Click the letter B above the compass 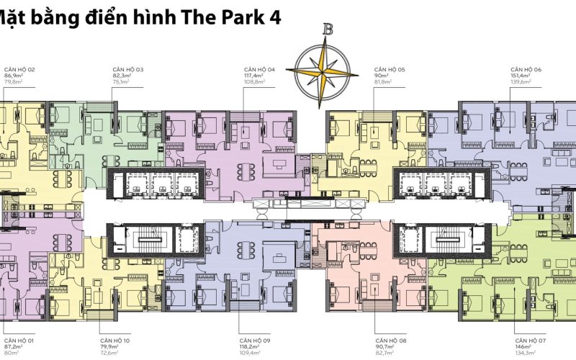tap(328, 30)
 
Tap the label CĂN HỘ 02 tap(20, 69)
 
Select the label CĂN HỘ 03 tap(127, 69)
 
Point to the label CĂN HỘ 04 tap(260, 69)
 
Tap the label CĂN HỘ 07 tap(531, 338)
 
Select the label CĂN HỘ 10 tap(115, 338)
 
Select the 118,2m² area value tap(251, 346)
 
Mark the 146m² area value tap(524, 346)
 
